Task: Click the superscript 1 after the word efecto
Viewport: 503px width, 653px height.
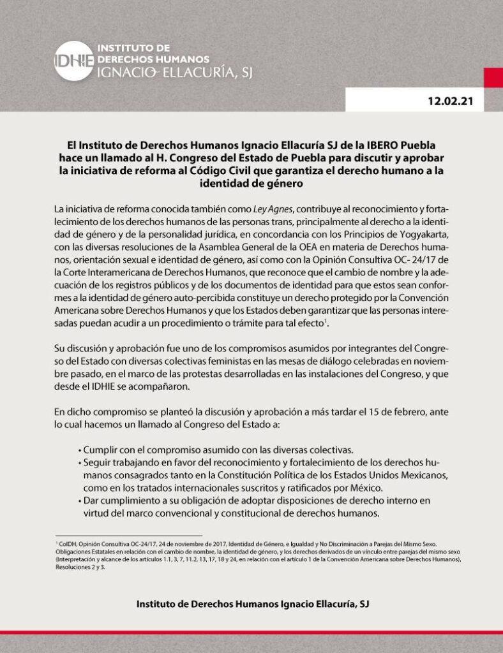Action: [326, 322]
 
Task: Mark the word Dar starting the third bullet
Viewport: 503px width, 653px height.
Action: [93, 501]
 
